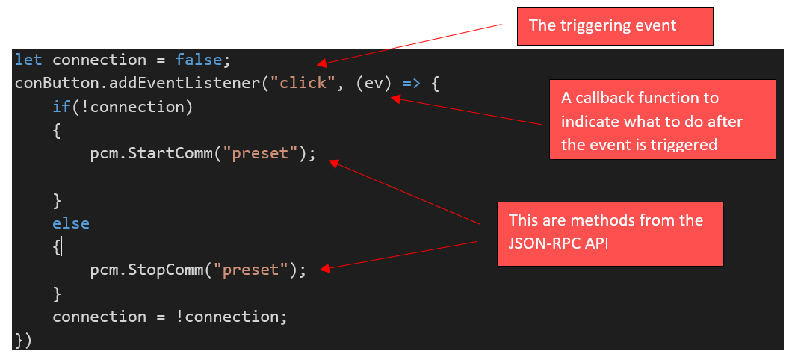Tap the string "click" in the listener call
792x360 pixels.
tap(303, 82)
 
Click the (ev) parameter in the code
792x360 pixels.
tap(374, 82)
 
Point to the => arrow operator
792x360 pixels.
tap(412, 82)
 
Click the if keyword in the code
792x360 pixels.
tap(61, 106)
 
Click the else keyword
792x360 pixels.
tap(71, 223)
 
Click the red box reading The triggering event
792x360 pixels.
tap(616, 26)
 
